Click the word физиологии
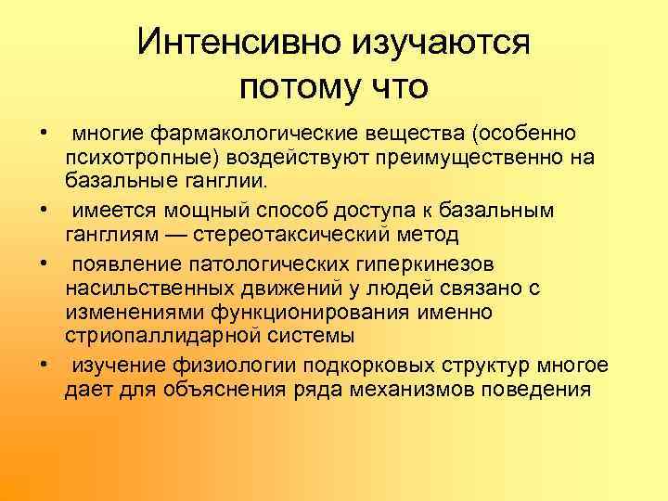pyautogui.click(x=205, y=364)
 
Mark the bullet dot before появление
pyautogui.click(x=45, y=263)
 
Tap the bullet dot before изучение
pyautogui.click(x=45, y=364)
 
